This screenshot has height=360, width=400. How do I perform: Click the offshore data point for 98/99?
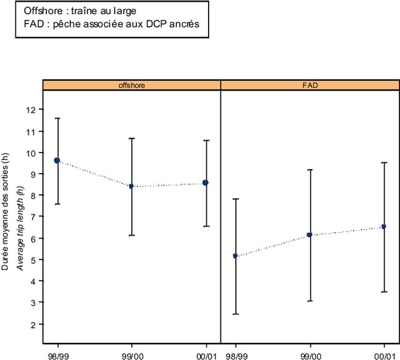57,161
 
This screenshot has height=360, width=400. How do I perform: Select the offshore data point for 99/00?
132,186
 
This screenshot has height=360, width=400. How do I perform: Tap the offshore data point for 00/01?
206,183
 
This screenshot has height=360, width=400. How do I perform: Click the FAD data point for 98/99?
235,255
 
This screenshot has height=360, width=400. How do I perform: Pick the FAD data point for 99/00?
310,234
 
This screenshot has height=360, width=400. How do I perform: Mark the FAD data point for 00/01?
384,226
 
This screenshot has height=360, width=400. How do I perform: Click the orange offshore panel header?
132,85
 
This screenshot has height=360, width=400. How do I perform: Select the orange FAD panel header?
310,85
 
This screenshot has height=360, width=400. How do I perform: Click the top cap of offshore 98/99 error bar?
57,118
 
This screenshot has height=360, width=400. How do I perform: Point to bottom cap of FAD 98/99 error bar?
235,314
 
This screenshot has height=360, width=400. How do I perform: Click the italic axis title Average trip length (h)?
19,228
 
